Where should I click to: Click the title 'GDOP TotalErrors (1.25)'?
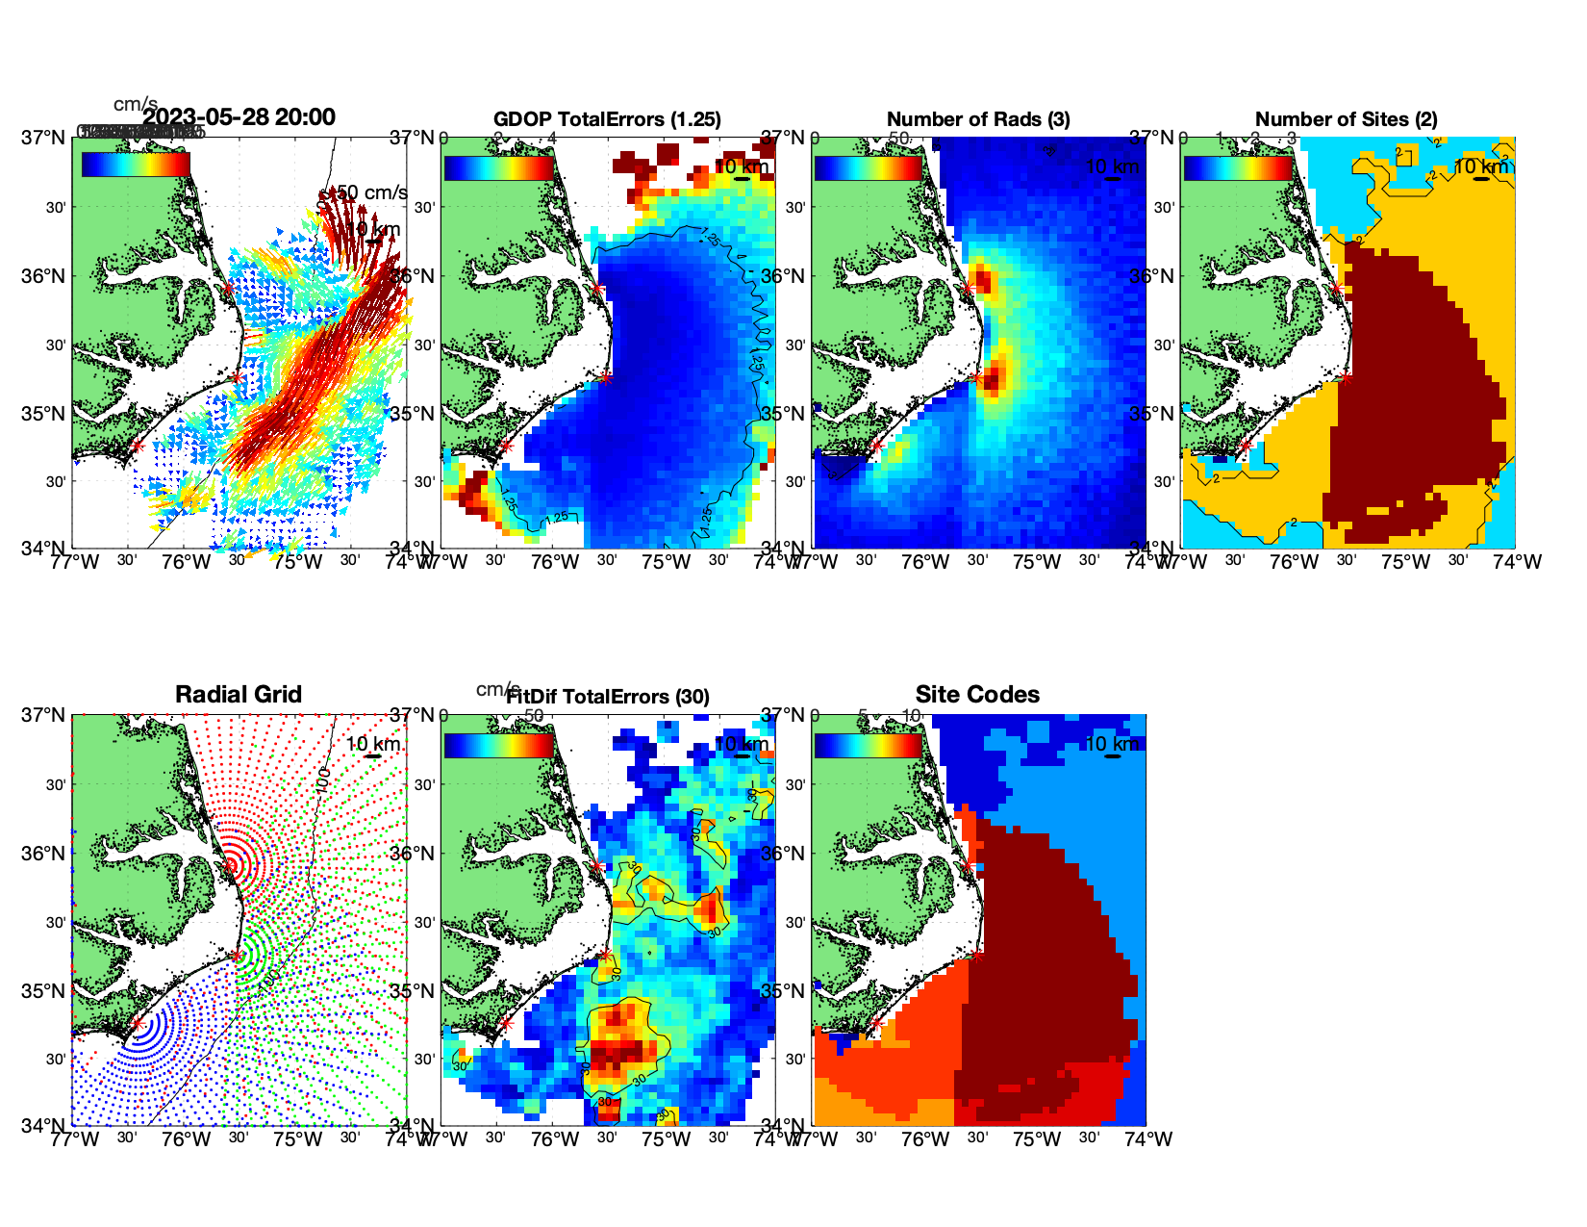[607, 119]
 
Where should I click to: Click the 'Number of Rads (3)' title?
[978, 119]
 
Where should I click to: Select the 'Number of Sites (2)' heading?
[1346, 119]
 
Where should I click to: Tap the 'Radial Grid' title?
[239, 695]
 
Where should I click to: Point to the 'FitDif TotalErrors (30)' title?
[608, 697]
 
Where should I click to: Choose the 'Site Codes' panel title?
[977, 695]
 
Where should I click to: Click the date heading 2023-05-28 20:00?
[239, 117]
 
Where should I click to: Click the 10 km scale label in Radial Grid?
[373, 744]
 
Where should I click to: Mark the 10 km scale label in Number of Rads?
[1112, 166]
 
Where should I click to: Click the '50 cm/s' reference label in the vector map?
[369, 192]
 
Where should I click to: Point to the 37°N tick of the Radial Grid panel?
[43, 715]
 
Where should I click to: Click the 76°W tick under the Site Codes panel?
[925, 1139]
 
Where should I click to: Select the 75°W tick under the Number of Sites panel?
[1405, 562]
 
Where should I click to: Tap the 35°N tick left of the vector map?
[43, 414]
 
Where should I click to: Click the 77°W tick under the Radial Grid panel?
[74, 1139]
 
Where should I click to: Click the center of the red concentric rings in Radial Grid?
[231, 865]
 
